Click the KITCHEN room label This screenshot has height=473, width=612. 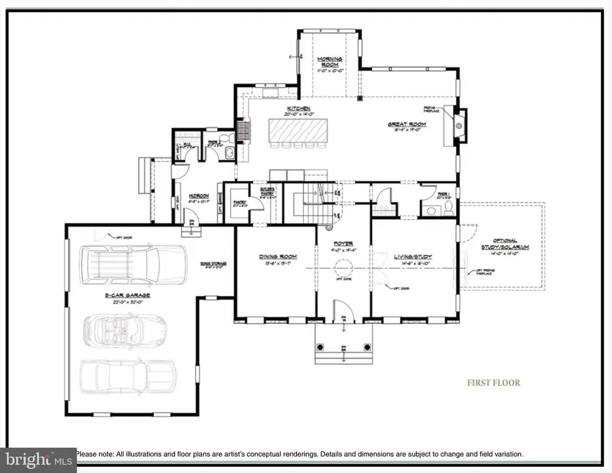(299, 109)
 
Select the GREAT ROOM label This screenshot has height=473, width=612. (407, 124)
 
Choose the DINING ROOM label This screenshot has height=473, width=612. (275, 257)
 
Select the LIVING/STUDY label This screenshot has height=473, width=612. (413, 257)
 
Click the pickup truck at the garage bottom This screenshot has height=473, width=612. (127, 376)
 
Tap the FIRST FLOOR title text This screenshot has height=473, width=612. (493, 382)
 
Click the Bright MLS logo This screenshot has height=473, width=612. (37, 459)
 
